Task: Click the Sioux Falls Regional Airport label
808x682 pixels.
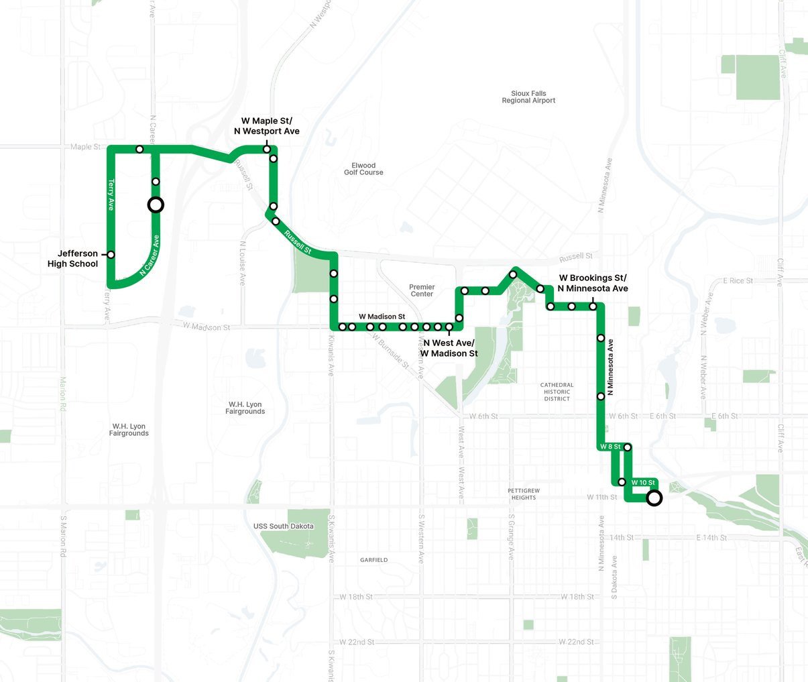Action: pyautogui.click(x=528, y=97)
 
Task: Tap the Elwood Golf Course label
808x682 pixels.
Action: pyautogui.click(x=363, y=169)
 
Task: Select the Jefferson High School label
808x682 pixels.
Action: pyautogui.click(x=73, y=259)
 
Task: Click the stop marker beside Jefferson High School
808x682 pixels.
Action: pyautogui.click(x=111, y=255)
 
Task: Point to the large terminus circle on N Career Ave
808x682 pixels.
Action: pyautogui.click(x=156, y=205)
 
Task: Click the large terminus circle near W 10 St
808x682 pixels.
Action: pyautogui.click(x=654, y=498)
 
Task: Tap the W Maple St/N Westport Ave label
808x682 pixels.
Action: pyautogui.click(x=267, y=126)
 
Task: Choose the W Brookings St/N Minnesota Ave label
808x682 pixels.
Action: pyautogui.click(x=593, y=283)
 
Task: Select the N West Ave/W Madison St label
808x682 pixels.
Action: pyautogui.click(x=449, y=348)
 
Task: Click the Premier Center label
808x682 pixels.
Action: pyautogui.click(x=422, y=290)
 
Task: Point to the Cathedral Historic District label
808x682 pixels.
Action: pyautogui.click(x=557, y=392)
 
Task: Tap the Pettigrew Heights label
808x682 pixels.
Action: pyautogui.click(x=524, y=494)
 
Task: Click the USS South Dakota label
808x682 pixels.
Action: pyautogui.click(x=284, y=526)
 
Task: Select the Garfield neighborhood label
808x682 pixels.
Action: pyautogui.click(x=373, y=560)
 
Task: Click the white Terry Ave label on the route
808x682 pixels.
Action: pyautogui.click(x=111, y=195)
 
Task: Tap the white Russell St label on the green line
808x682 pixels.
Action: pyautogui.click(x=298, y=242)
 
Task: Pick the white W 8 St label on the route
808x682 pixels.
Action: pyautogui.click(x=611, y=447)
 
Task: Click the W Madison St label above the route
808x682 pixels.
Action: pyautogui.click(x=382, y=317)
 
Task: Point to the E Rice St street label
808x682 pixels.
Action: pyautogui.click(x=738, y=281)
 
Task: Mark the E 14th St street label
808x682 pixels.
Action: pyautogui.click(x=711, y=538)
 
